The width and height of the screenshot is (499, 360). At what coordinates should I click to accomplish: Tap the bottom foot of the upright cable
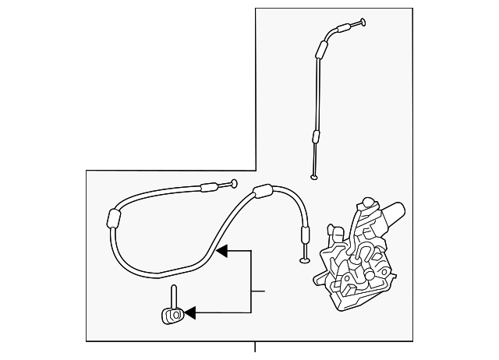tap(314, 177)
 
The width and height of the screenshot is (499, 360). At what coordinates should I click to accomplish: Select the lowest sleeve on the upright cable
tap(316, 139)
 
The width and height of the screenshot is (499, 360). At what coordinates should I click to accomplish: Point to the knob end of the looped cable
tap(233, 185)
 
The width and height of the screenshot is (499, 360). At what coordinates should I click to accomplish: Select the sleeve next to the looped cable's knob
tap(209, 187)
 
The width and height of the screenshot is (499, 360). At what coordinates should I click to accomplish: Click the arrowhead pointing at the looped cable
tap(221, 252)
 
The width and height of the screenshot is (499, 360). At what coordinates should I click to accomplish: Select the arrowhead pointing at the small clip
tap(189, 314)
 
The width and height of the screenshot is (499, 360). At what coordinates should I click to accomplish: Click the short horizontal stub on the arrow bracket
tap(258, 291)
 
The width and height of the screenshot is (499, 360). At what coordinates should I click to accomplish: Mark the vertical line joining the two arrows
tap(251, 283)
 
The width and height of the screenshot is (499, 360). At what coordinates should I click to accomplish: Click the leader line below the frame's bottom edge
tap(254, 348)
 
